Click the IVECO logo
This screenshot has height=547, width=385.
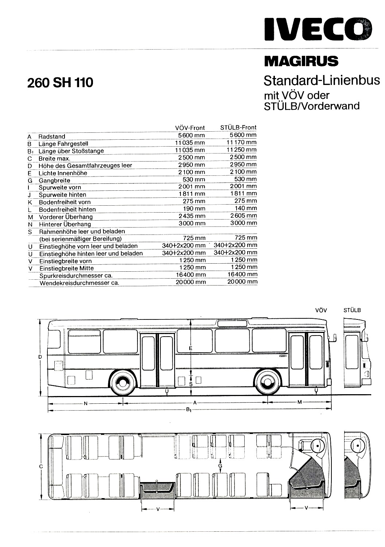(x=318, y=29)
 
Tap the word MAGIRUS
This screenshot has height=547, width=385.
(x=301, y=61)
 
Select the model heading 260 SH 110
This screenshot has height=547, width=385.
(x=60, y=82)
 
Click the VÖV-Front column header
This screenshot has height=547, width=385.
(x=190, y=128)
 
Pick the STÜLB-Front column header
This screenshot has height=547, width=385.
(x=238, y=128)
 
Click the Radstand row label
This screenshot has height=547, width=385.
(x=52, y=136)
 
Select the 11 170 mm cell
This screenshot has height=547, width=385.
(x=241, y=142)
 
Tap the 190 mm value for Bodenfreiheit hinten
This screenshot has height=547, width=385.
(x=194, y=209)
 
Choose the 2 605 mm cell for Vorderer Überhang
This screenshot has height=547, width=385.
(x=244, y=216)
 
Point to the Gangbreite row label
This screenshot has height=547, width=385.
(x=54, y=181)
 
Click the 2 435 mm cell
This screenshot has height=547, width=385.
(x=192, y=216)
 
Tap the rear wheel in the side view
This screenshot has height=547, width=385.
(x=123, y=382)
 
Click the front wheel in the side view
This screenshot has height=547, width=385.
(x=267, y=382)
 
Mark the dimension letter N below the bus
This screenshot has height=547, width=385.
(x=86, y=404)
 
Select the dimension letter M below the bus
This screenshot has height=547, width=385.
(x=300, y=402)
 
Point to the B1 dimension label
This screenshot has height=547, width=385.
(x=188, y=410)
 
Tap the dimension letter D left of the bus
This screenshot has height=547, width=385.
(x=40, y=357)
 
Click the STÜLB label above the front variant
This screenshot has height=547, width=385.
(x=352, y=310)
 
